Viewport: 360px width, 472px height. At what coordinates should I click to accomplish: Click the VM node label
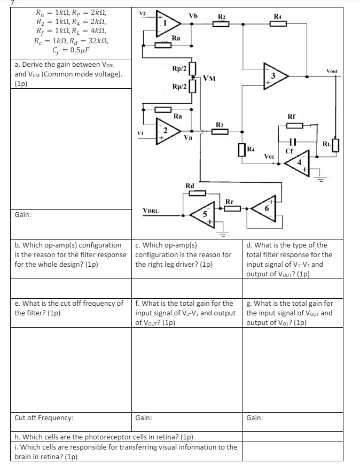209,80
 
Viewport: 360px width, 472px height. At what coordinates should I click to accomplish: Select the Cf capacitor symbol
291,143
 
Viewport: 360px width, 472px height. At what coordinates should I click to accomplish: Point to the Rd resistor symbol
197,192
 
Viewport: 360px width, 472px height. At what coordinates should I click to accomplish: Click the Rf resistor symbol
295,125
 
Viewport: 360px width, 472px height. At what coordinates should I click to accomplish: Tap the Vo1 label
270,156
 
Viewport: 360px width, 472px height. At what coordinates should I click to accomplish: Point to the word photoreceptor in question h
106,436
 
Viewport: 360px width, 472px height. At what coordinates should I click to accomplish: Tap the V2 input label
142,13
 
